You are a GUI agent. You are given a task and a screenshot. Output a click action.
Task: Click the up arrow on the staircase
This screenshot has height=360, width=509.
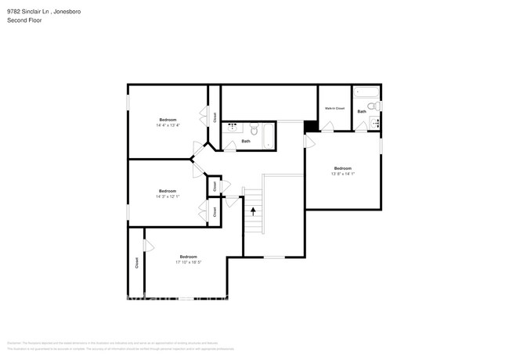tap(253, 210)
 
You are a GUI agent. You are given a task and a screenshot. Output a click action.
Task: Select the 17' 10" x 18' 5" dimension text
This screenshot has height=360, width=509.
tap(188, 262)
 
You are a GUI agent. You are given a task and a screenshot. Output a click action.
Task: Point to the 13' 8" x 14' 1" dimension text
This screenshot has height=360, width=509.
tap(343, 174)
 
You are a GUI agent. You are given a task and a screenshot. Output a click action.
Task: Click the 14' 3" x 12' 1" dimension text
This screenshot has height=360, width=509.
tap(168, 196)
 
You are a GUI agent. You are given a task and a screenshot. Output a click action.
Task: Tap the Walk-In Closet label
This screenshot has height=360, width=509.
tap(334, 108)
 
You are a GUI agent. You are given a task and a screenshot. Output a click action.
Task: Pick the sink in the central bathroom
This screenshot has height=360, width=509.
tap(233, 125)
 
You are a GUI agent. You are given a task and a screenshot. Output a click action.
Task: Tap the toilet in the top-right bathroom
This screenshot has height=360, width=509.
tap(374, 106)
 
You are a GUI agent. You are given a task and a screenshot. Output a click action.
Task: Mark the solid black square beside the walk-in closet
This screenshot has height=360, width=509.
tap(310, 125)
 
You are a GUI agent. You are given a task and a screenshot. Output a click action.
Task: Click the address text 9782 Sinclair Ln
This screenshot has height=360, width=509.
tap(29, 11)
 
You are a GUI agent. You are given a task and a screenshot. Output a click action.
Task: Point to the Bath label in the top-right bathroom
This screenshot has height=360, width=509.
tap(361, 112)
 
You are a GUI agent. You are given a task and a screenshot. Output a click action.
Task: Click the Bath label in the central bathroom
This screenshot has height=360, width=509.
tap(246, 141)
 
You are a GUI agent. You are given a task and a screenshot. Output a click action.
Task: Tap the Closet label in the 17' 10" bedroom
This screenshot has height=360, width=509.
tap(137, 264)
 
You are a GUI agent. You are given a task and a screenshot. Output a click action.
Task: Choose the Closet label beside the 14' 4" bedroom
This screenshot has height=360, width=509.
tap(215, 117)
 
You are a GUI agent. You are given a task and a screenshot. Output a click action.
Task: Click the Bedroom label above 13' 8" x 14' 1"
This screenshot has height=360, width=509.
tap(343, 168)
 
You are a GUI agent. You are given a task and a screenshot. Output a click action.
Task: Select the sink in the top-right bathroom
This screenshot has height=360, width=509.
tap(375, 122)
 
